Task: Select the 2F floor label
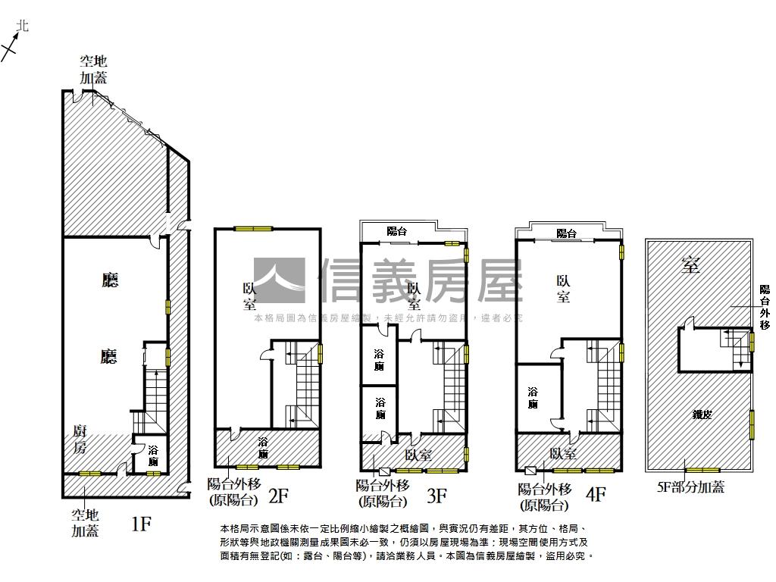pos(279,496)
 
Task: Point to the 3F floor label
pos(436,496)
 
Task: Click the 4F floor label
pos(596,495)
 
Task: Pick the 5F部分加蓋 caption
pos(690,487)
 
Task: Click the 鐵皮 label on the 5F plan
pos(702,415)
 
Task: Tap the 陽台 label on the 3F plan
pos(396,231)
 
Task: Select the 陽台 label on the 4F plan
pos(566,233)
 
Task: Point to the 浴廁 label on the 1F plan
pos(153,456)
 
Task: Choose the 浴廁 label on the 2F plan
pos(263,448)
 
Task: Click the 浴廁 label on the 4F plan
pos(533,398)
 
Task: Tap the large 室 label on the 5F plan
pos(690,264)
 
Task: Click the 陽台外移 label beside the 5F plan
pos(765,307)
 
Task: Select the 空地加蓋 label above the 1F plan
pos(94,69)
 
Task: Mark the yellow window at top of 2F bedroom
pos(253,228)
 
